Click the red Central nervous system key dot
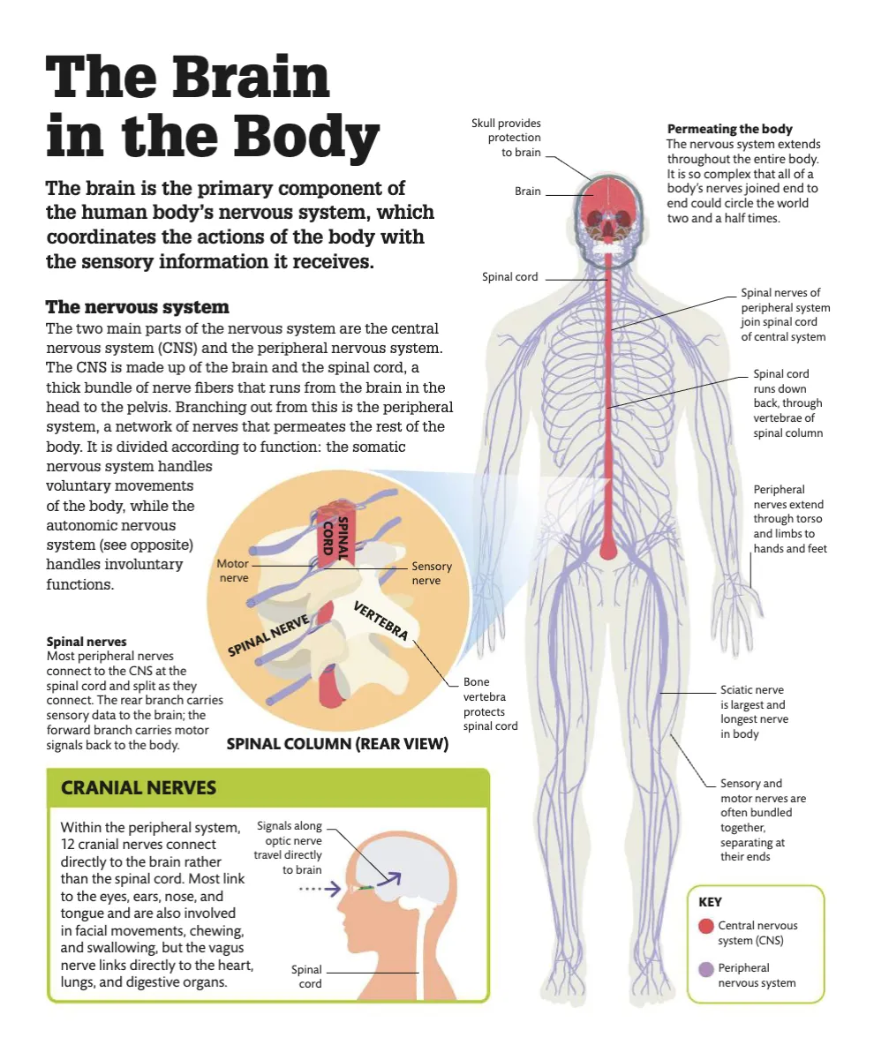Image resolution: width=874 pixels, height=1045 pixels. [705, 926]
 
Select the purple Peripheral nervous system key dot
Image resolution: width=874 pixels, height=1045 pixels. [705, 969]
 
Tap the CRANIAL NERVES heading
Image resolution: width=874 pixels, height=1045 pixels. [138, 787]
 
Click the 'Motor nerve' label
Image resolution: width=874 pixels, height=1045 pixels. [233, 570]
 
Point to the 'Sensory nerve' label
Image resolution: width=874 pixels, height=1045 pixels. [432, 574]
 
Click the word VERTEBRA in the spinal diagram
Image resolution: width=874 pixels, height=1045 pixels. [380, 620]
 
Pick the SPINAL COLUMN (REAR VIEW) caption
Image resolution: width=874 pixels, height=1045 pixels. [337, 744]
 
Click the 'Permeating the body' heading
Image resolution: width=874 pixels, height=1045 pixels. [729, 129]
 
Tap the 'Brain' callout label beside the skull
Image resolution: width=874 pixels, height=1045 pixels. [528, 192]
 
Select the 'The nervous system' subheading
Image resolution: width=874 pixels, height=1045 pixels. [137, 307]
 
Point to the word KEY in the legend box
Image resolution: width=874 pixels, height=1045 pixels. [710, 902]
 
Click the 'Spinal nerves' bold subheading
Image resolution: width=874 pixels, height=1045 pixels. [86, 642]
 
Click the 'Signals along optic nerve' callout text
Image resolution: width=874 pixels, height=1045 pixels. [289, 848]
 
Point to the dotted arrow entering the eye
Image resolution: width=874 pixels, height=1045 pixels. [313, 889]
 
